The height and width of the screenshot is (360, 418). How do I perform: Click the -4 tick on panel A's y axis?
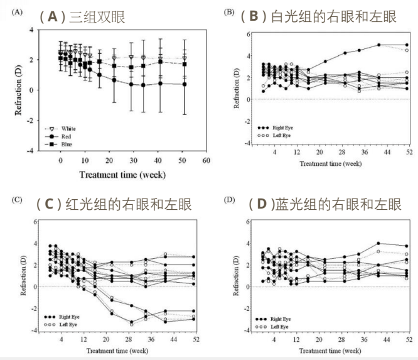pyautogui.click(x=31, y=150)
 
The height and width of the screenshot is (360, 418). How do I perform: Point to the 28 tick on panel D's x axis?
pyautogui.click(x=341, y=340)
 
